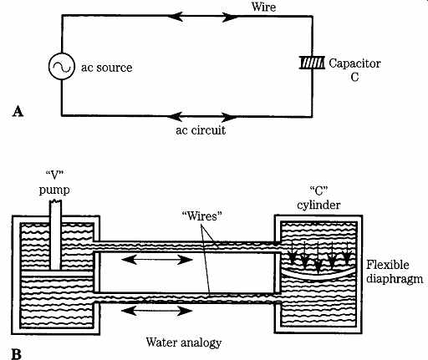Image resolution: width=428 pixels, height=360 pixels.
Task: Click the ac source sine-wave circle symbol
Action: [62, 67]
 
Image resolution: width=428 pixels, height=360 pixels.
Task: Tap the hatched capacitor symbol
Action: [312, 63]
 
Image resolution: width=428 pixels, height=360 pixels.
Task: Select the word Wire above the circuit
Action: [263, 7]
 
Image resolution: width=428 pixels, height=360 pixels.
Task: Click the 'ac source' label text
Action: [107, 68]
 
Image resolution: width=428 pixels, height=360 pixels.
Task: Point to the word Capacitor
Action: [354, 63]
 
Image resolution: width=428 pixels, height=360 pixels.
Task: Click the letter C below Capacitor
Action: [354, 77]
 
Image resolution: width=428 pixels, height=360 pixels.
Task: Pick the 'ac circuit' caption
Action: [201, 130]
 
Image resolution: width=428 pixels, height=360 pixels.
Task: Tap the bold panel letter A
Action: [18, 112]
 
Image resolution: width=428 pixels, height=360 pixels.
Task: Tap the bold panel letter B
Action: [17, 354]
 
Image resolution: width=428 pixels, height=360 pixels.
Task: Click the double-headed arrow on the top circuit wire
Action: [206, 17]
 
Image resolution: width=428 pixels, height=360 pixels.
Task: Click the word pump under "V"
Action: [54, 190]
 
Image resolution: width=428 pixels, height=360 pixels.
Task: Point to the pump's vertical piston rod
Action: [55, 236]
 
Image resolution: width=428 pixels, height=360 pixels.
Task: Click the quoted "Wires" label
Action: [202, 216]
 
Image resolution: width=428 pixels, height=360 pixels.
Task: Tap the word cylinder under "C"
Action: [318, 205]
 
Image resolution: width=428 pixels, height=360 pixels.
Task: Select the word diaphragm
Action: [395, 279]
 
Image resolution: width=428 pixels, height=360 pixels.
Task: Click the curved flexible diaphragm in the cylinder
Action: [318, 276]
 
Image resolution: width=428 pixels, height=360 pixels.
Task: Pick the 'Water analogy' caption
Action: [184, 342]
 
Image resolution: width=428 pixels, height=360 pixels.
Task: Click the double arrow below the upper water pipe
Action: [157, 260]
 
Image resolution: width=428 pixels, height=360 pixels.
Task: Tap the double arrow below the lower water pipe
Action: [157, 311]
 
